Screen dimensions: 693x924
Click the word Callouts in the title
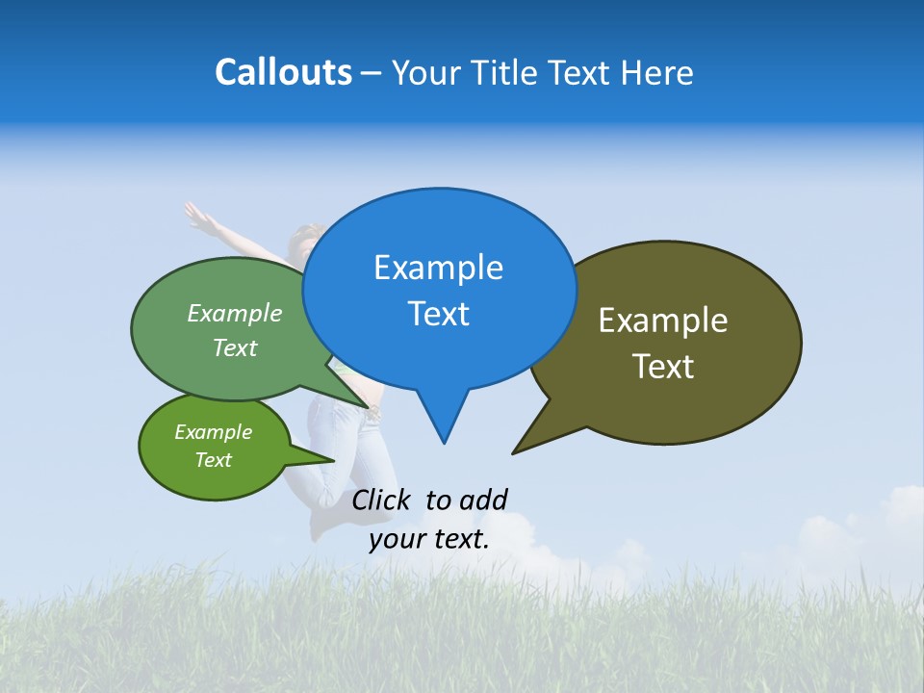[x=283, y=72]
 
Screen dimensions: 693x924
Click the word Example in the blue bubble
[x=438, y=268]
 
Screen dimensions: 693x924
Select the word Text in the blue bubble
[x=439, y=314]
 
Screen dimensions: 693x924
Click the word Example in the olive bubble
[x=663, y=321]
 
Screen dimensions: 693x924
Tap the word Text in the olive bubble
[x=664, y=367]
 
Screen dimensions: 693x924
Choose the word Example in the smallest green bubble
[x=213, y=432]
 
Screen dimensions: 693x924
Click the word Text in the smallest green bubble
[x=213, y=460]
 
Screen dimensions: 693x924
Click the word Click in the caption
[x=380, y=500]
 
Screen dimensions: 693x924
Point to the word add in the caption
[x=482, y=500]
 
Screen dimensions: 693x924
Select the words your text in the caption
[x=429, y=539]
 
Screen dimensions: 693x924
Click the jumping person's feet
[x=322, y=525]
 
